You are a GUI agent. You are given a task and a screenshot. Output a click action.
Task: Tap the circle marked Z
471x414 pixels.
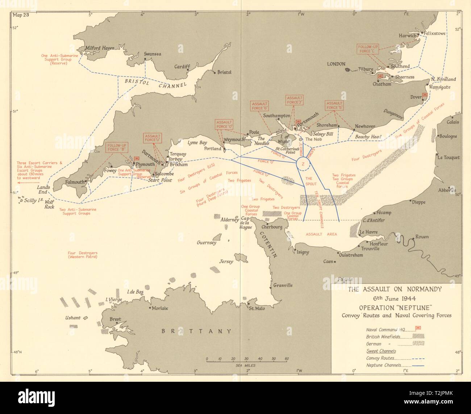[x=303, y=164]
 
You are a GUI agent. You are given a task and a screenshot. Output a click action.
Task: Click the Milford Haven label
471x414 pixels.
[x=99, y=48]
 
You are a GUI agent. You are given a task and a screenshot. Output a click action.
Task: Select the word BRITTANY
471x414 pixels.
[x=196, y=331]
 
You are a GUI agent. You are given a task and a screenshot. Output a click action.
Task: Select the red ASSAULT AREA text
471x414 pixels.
[x=321, y=234]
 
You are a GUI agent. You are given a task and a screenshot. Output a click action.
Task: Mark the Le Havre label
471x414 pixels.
[x=369, y=232]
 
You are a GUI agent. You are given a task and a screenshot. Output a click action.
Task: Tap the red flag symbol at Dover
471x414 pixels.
[x=425, y=95]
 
